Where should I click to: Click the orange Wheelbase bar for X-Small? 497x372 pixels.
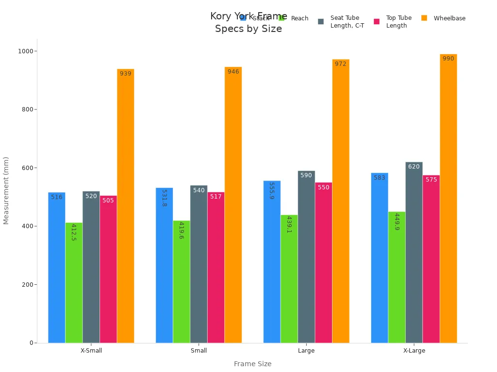pos(125,206)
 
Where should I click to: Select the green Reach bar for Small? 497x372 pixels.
pos(182,281)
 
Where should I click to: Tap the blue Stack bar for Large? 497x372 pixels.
pos(272,262)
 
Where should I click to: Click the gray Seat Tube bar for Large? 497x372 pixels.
pos(306,257)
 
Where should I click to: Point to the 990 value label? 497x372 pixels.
pos(448,59)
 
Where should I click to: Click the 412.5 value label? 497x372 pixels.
pos(74,232)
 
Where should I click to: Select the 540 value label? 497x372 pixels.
pos(199,190)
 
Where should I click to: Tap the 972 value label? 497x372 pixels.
pos(340,64)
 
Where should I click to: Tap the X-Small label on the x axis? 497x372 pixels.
pos(91,351)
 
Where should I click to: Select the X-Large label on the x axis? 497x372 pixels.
pos(414,351)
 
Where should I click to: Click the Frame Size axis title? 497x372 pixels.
pos(252,364)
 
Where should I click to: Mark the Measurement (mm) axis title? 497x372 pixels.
pos(6,190)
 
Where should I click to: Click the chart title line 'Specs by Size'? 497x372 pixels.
pos(248,29)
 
